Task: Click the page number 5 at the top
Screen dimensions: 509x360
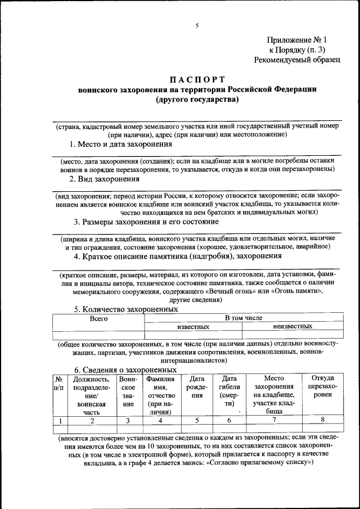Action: click(197, 25)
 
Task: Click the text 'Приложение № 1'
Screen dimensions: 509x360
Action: click(296, 40)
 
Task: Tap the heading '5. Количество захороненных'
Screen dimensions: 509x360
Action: click(127, 309)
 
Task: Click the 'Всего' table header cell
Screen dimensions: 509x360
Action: click(98, 318)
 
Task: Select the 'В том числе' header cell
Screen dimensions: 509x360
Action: click(244, 318)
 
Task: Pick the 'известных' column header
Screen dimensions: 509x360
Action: click(193, 326)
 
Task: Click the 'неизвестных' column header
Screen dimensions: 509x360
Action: click(292, 326)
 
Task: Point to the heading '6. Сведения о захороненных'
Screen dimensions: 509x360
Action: click(126, 370)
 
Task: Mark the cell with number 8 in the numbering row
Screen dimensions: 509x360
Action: click(322, 420)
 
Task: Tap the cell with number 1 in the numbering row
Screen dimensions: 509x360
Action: click(59, 420)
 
